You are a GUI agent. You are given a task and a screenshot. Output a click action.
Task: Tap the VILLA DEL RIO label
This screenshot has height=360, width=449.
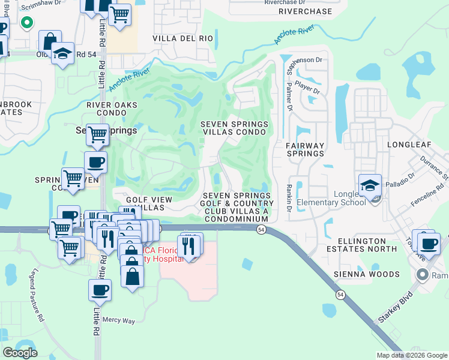click(182, 38)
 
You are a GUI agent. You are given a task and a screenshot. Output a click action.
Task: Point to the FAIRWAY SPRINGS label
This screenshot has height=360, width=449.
click(304, 149)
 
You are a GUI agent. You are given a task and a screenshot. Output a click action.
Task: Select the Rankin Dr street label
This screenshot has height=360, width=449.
click(289, 198)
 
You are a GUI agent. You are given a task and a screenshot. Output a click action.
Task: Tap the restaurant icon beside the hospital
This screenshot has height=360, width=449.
click(189, 246)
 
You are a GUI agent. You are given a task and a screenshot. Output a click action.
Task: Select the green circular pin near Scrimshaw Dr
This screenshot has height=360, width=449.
click(26, 23)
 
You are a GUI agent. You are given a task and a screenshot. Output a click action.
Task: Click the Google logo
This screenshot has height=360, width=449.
click(20, 352)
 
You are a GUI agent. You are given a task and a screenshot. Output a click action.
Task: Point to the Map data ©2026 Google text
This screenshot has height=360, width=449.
click(412, 355)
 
